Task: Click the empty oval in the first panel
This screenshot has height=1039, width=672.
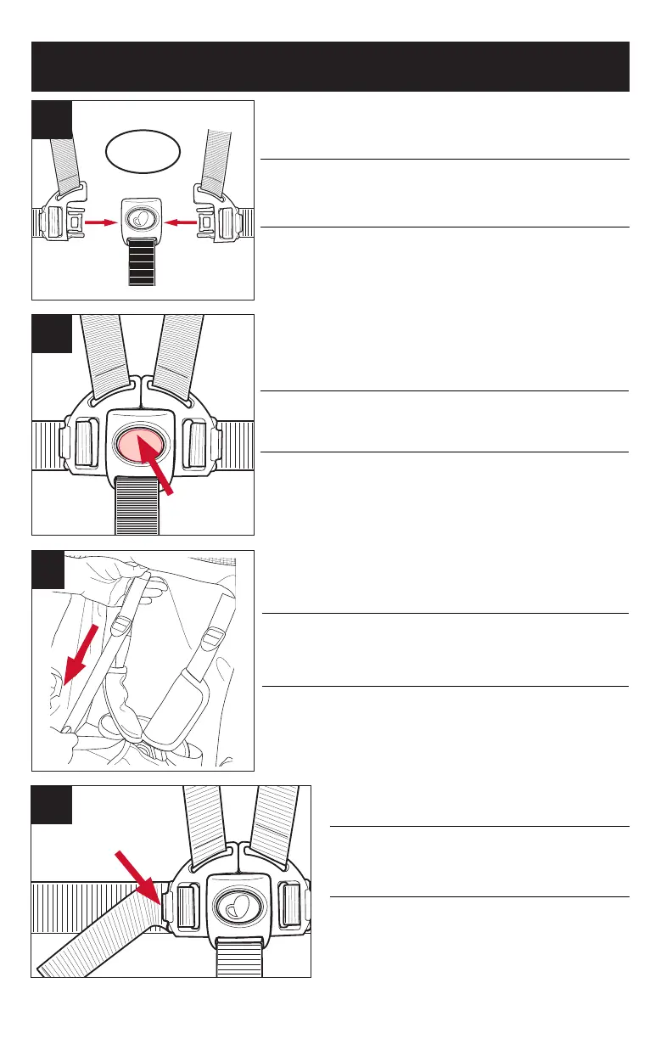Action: pos(144,151)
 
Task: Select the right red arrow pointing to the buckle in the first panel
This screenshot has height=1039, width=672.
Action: pos(187,222)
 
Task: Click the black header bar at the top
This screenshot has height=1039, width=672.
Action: pos(330,66)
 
